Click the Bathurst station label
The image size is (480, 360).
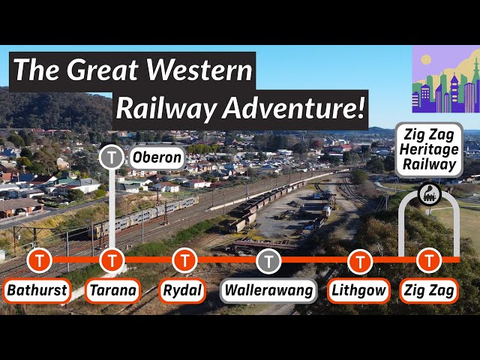click(x=37, y=290)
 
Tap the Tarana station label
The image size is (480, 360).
click(x=112, y=290)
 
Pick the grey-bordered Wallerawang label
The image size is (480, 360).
click(x=268, y=290)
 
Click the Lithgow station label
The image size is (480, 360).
click(x=360, y=290)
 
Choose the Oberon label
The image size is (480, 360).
click(x=156, y=157)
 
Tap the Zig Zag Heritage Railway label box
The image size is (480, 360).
click(x=429, y=150)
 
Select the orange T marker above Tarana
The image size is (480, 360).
click(x=112, y=260)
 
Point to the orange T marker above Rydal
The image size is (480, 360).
click(x=184, y=260)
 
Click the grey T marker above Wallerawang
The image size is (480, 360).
click(x=268, y=260)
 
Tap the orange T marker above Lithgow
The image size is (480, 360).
click(x=360, y=260)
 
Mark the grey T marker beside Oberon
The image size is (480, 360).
click(x=112, y=157)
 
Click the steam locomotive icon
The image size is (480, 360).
click(x=430, y=193)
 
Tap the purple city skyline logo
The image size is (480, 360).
click(x=445, y=79)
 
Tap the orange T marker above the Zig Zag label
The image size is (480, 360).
click(x=429, y=260)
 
